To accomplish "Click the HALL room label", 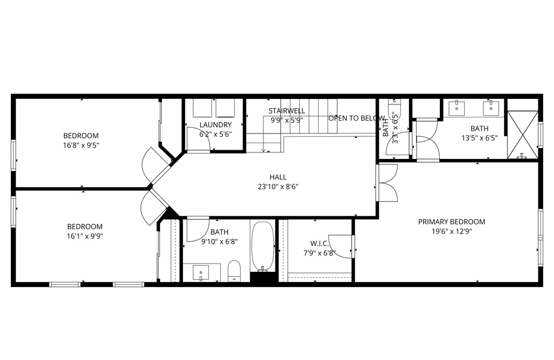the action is [278, 177].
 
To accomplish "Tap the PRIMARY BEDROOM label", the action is [452, 222].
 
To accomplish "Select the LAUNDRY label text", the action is [215, 125].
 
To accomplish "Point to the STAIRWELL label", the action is [287, 111].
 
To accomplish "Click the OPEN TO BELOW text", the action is [357, 118].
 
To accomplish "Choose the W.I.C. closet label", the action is [320, 244].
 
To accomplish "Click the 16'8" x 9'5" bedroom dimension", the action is [81, 145].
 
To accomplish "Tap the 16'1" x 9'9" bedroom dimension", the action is [85, 236].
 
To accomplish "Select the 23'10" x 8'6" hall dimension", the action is [278, 186].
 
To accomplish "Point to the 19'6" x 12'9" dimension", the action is [452, 231].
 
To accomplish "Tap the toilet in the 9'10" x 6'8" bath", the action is [234, 271].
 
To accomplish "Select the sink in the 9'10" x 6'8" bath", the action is [201, 273].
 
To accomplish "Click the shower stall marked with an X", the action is [523, 135].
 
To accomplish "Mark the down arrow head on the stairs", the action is [263, 150].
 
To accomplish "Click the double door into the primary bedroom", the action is [387, 183].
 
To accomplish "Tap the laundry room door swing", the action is [199, 139].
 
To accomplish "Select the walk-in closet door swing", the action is [341, 246].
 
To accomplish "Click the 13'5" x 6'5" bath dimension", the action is [479, 138].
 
